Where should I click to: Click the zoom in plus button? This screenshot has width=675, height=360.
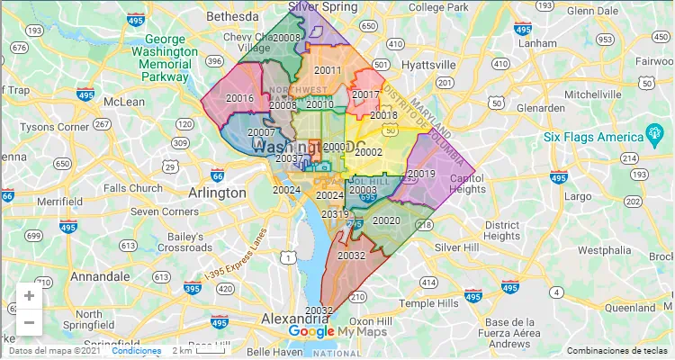pyautogui.click(x=29, y=296)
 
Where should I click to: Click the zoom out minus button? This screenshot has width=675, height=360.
pyautogui.click(x=29, y=321)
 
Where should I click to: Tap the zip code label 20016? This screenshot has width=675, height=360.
pyautogui.click(x=239, y=99)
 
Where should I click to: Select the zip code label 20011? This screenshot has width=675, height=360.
pyautogui.click(x=328, y=71)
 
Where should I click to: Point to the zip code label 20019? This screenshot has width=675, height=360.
pyautogui.click(x=421, y=174)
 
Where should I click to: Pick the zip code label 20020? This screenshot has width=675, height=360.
pyautogui.click(x=386, y=220)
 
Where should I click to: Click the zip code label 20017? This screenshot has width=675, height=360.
pyautogui.click(x=365, y=94)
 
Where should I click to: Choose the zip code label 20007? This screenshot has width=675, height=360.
pyautogui.click(x=261, y=133)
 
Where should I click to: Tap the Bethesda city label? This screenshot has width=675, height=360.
pyautogui.click(x=232, y=17)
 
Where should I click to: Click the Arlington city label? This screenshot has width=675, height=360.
pyautogui.click(x=217, y=193)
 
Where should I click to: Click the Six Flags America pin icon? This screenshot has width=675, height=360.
pyautogui.click(x=655, y=137)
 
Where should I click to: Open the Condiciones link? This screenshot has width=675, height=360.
pyautogui.click(x=137, y=351)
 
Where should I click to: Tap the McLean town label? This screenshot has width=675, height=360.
pyautogui.click(x=124, y=101)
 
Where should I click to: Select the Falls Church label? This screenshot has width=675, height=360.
pyautogui.click(x=133, y=188)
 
